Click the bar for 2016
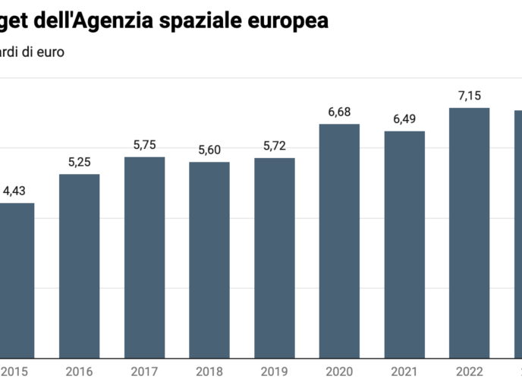[x=80, y=266]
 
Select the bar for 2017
[x=144, y=257]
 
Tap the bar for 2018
[x=209, y=260]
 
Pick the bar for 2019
[x=275, y=258]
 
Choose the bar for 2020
[x=339, y=241]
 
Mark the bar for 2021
[x=404, y=244]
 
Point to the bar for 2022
[x=470, y=232]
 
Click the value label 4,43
[x=14, y=191]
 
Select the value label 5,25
[x=80, y=162]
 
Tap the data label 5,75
[x=144, y=144]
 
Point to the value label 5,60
[x=209, y=150]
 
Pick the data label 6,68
[x=339, y=112]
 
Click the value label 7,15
[x=470, y=96]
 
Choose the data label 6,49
[x=404, y=119]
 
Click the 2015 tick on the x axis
[x=14, y=372]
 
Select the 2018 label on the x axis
[x=209, y=372]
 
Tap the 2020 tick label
[x=339, y=372]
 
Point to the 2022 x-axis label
[x=470, y=372]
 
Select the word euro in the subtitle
[x=49, y=52]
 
